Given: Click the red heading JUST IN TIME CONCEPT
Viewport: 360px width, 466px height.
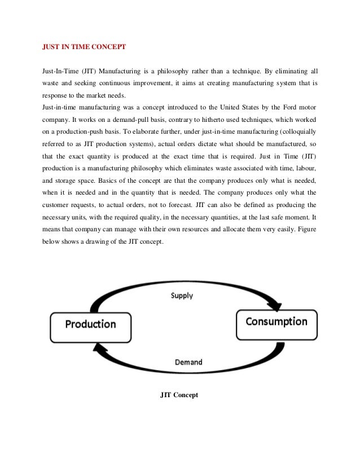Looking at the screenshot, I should pyautogui.click(x=84, y=49).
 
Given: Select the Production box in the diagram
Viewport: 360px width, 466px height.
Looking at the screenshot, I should pyautogui.click(x=90, y=324).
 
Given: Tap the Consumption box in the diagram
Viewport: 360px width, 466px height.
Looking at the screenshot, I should pyautogui.click(x=276, y=322).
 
